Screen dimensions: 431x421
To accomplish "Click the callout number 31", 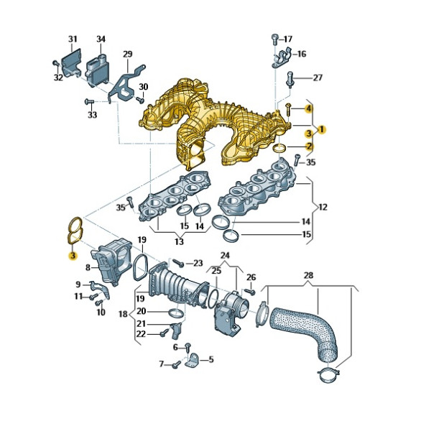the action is coord(73,39).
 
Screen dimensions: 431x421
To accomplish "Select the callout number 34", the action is coord(101,39).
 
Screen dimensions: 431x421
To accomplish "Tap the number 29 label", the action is coord(128,54).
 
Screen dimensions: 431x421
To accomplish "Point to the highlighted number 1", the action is coord(321,129).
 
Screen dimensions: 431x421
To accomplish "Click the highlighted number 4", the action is coord(309,109).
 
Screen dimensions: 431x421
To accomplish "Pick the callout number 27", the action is coord(318,78).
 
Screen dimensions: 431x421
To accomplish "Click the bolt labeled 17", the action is coord(274,40).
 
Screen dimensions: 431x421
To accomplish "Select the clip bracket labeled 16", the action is coord(281,58).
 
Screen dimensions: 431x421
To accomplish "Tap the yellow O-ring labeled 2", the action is coord(279,148).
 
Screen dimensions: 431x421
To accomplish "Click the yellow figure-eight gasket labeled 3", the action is coord(75,231).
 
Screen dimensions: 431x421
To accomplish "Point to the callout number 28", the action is coord(308,275).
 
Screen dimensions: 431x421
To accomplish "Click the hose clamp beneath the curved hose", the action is coord(328,375).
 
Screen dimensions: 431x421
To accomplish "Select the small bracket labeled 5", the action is coord(193,360).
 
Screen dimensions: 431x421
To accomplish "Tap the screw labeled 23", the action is coord(178,264).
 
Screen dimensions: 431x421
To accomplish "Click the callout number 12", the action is coord(323,207).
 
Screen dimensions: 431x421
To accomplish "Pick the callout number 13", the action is coord(179,241).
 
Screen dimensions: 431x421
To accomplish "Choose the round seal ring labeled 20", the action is coord(176,313).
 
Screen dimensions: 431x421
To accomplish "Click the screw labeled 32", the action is coord(56,63).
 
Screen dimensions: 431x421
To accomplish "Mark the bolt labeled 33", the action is coord(89,101).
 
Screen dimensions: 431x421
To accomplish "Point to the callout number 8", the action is coord(88,267).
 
